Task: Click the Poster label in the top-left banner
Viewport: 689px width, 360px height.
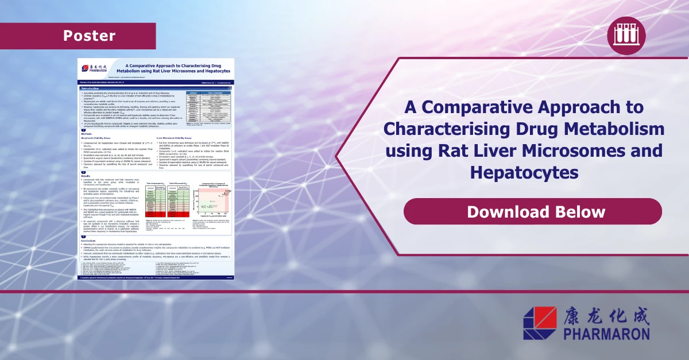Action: coord(89,36)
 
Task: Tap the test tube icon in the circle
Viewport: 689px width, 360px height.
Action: coord(626,36)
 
